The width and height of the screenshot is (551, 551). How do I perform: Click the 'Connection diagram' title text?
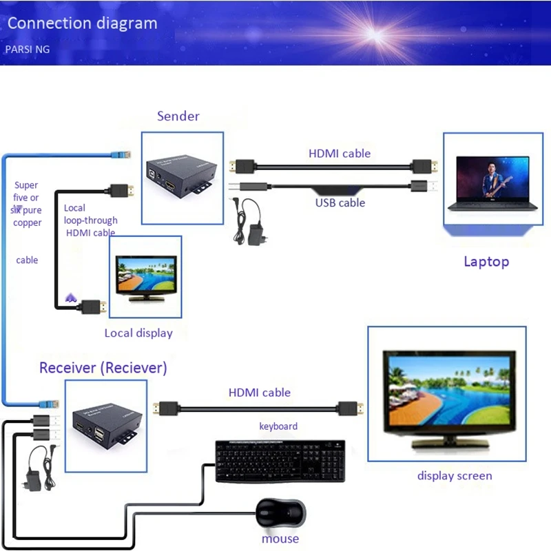82,23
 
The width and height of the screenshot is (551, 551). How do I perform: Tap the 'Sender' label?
178,116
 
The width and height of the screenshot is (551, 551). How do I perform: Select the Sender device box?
183,178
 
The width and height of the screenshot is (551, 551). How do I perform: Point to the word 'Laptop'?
486,261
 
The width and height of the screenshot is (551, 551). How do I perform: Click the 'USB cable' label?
340,203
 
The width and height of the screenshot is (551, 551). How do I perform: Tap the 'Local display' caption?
138,333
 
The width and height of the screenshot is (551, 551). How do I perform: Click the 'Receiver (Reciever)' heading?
103,368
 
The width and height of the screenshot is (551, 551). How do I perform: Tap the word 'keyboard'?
278,426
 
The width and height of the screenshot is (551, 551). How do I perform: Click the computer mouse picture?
280,513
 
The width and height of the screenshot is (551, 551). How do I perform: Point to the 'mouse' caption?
280,539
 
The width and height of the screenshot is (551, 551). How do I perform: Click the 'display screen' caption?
455,476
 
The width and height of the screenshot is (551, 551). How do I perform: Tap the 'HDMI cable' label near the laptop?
340,153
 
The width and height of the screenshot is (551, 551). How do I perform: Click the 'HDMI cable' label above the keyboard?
260,393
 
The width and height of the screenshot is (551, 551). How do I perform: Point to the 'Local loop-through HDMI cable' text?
90,220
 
